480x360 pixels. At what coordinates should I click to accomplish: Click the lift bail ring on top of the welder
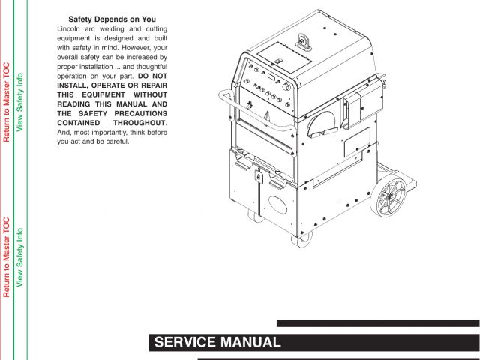click(304, 40)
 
